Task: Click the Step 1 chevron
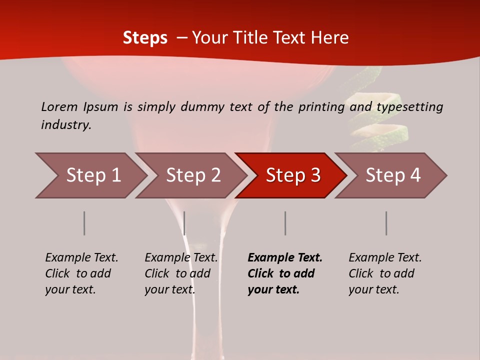coord(92,175)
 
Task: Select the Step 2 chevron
coord(192,175)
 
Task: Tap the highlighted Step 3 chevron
coord(292,175)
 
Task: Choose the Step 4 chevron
coord(392,175)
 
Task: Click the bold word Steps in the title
coord(145,37)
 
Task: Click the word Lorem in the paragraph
coord(59,106)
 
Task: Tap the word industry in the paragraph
coord(66,124)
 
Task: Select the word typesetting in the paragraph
coord(409,107)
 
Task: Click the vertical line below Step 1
coord(84,223)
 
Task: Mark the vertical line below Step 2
coord(184,223)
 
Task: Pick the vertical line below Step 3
coord(285,223)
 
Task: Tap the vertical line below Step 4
coord(386,223)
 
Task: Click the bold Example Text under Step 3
coord(285,257)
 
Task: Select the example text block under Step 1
coord(81,273)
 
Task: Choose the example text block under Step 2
coord(181,273)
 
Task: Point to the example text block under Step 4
coord(385,273)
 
